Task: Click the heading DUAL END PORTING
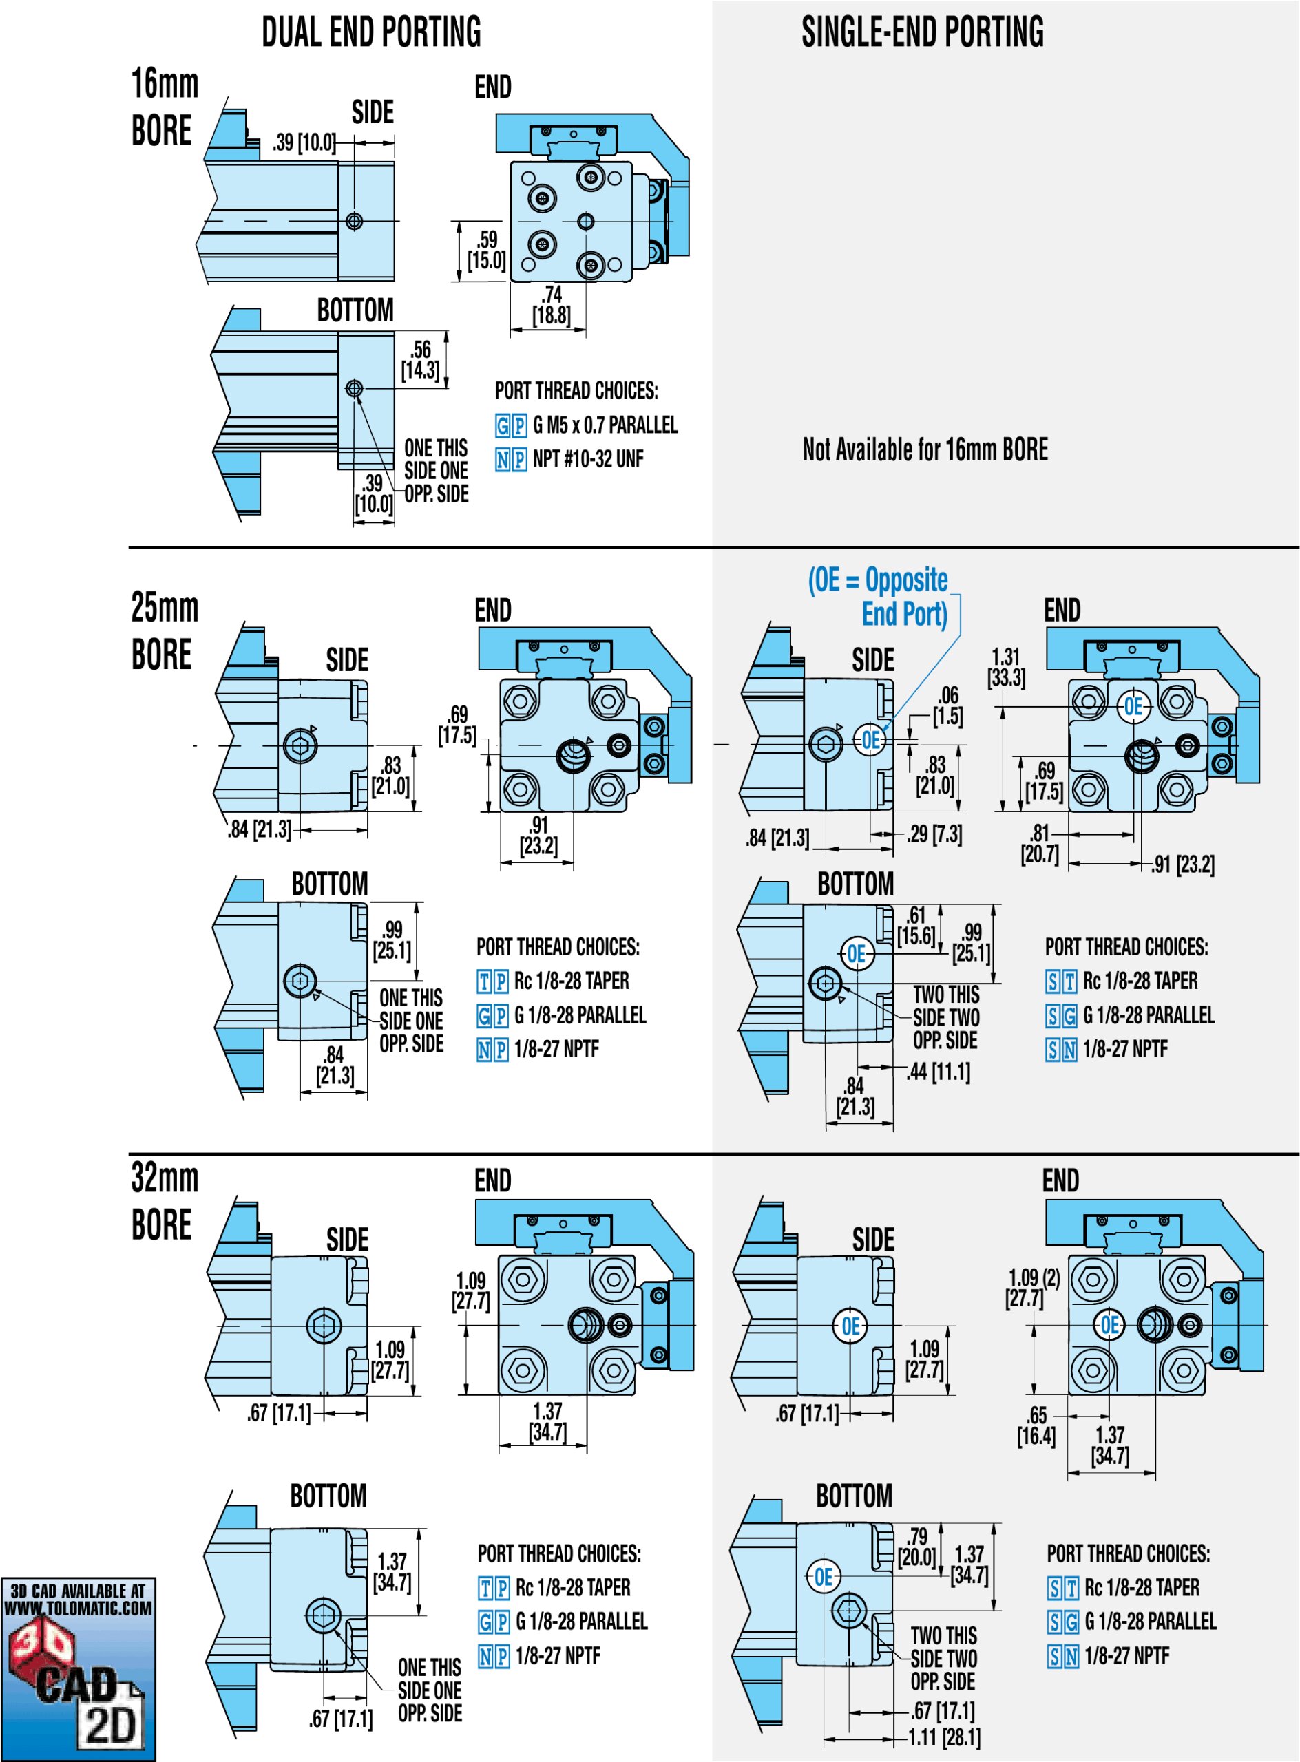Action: (x=370, y=33)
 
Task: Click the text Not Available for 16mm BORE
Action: (x=925, y=450)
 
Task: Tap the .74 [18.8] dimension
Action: (x=551, y=305)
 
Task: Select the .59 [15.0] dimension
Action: (x=486, y=250)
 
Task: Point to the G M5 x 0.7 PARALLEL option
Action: (x=605, y=425)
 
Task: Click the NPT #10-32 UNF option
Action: (x=587, y=458)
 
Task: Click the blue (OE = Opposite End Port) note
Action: (x=879, y=597)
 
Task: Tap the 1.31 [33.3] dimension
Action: (x=1006, y=667)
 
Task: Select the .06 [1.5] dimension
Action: (x=947, y=705)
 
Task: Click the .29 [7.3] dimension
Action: (x=934, y=834)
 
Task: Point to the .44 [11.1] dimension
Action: (x=939, y=1072)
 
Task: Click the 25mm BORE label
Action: (x=164, y=631)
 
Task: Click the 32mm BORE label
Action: (x=164, y=1201)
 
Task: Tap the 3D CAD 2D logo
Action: (x=78, y=1668)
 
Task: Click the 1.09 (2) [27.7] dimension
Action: (x=1034, y=1288)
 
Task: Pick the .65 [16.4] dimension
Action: (x=1036, y=1426)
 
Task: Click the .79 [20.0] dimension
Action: (x=916, y=1547)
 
